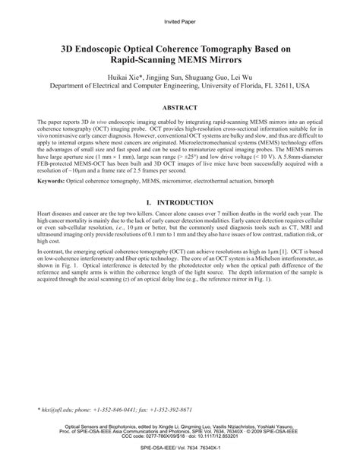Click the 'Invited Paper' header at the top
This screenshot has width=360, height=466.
click(x=179, y=14)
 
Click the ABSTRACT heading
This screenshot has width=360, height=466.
click(x=179, y=107)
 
